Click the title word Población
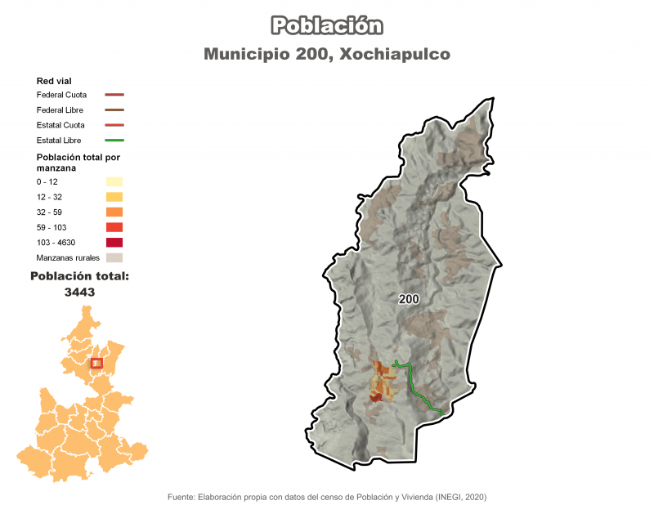click(327, 25)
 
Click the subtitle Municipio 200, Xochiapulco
click(327, 55)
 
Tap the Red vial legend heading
click(54, 81)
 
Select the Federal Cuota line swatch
click(114, 95)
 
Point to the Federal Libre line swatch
click(114, 109)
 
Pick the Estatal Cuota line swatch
click(114, 125)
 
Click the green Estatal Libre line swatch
click(114, 141)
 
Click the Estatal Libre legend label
click(59, 141)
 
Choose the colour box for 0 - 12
click(114, 181)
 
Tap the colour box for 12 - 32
click(114, 197)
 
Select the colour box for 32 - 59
click(114, 212)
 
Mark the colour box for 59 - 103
click(114, 227)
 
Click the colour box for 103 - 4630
click(114, 243)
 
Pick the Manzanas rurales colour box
click(114, 258)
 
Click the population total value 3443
click(79, 292)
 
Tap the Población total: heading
click(79, 276)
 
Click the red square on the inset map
click(96, 363)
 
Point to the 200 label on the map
click(409, 299)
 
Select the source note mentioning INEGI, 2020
click(327, 496)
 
